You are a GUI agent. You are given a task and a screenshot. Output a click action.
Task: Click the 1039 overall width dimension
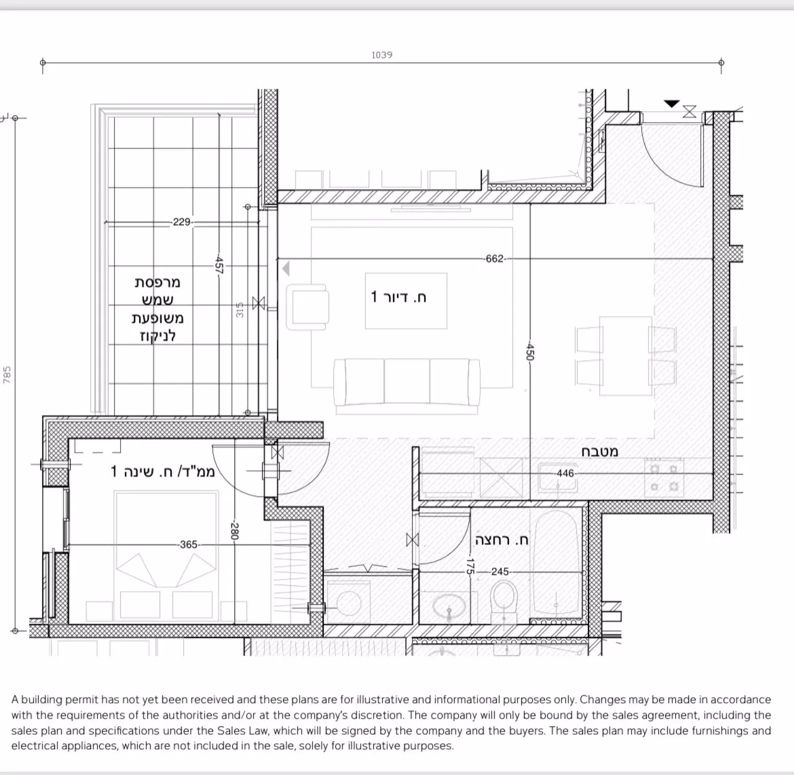click(x=382, y=55)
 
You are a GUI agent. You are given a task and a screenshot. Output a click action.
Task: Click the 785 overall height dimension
click(x=7, y=375)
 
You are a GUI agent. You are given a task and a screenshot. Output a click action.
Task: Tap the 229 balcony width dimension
click(x=182, y=222)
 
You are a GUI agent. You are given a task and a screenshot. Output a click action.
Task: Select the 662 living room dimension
click(x=494, y=258)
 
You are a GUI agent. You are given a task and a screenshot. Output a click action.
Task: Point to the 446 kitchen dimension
click(x=565, y=473)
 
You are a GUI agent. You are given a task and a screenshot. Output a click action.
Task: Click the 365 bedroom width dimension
click(x=188, y=544)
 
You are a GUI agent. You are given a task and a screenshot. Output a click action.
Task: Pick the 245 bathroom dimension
click(x=499, y=572)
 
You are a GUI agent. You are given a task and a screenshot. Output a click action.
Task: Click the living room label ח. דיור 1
click(x=399, y=297)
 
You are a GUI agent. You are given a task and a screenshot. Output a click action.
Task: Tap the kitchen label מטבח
click(x=600, y=452)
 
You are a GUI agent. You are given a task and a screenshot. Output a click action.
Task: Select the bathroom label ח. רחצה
click(x=502, y=540)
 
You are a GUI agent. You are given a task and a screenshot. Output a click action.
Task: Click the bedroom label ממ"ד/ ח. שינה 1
click(x=163, y=471)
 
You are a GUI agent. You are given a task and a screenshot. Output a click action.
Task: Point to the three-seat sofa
click(x=406, y=384)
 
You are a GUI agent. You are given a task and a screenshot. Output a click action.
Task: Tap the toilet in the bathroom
click(x=504, y=601)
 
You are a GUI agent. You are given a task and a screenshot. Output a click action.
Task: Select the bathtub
click(x=556, y=566)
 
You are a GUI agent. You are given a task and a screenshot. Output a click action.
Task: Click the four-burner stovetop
click(x=663, y=477)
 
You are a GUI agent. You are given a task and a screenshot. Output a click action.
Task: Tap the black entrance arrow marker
click(x=671, y=104)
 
